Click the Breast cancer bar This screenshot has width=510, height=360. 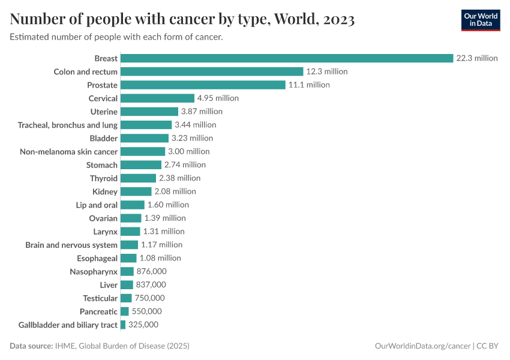(x=287, y=58)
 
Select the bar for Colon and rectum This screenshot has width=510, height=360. (x=212, y=71)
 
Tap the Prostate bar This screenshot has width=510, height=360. (x=203, y=85)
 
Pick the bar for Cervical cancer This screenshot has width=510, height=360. (x=157, y=98)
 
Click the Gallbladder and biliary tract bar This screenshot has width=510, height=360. (x=123, y=325)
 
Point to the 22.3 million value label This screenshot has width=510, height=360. (x=477, y=58)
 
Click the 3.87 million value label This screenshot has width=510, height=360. (x=202, y=112)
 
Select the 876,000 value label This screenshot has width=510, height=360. (x=151, y=271)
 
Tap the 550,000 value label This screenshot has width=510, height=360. (x=146, y=311)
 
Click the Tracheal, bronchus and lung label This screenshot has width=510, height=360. (x=68, y=125)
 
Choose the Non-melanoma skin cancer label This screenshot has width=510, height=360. (x=69, y=151)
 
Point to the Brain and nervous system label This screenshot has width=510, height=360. (x=71, y=245)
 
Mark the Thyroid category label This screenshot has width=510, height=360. (x=104, y=178)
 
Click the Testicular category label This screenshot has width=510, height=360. (x=100, y=298)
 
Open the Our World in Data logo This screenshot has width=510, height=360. (x=480, y=20)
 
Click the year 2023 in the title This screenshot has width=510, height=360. (x=338, y=20)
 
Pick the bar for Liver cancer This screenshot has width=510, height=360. (x=127, y=284)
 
